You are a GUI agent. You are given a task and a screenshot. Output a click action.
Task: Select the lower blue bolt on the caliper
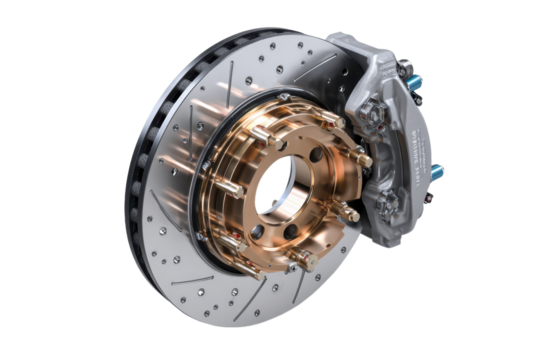(x=437, y=171)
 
